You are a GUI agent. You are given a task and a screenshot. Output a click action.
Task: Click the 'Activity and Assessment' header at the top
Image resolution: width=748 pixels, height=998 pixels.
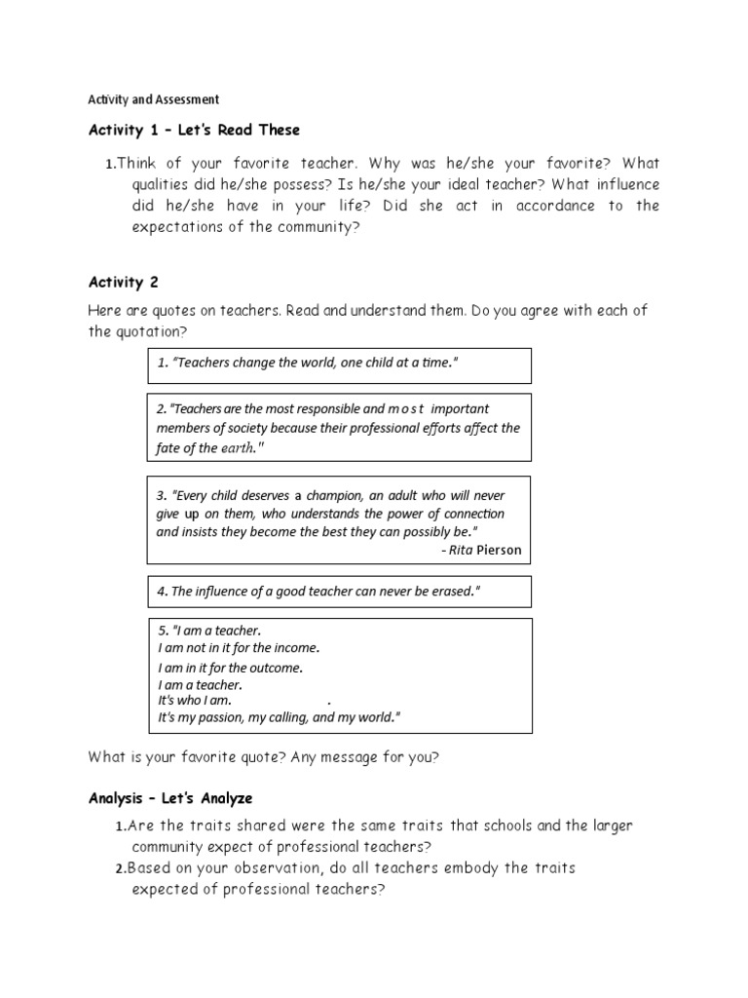click(x=154, y=99)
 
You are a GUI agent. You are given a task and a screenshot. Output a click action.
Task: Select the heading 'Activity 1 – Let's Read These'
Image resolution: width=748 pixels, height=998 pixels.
click(x=194, y=130)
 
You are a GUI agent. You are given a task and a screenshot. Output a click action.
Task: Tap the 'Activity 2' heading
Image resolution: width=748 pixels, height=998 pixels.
click(x=123, y=283)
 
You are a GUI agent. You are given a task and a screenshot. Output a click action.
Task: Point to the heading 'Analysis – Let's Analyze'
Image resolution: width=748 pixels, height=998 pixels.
click(x=170, y=798)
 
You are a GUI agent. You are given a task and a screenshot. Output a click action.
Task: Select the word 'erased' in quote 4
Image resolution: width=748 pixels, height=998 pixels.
click(x=448, y=592)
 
